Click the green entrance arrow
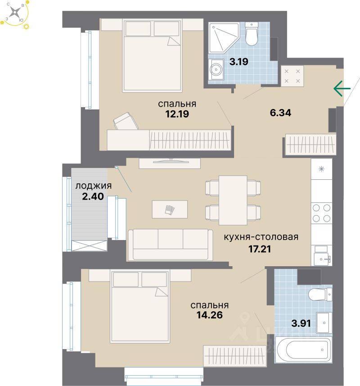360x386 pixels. pos(342,89)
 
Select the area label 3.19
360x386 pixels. pos(239,62)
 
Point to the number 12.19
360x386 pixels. pos(176,114)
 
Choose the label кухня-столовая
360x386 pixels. pos(261,237)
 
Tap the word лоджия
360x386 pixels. pos(93,185)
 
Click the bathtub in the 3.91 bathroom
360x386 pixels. pos(302,350)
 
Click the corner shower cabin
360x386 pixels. pos(221,36)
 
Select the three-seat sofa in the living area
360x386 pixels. pos(170,244)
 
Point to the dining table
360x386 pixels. pos(233,200)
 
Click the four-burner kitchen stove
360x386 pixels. pos(321,213)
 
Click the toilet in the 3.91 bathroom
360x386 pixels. pos(320,295)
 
